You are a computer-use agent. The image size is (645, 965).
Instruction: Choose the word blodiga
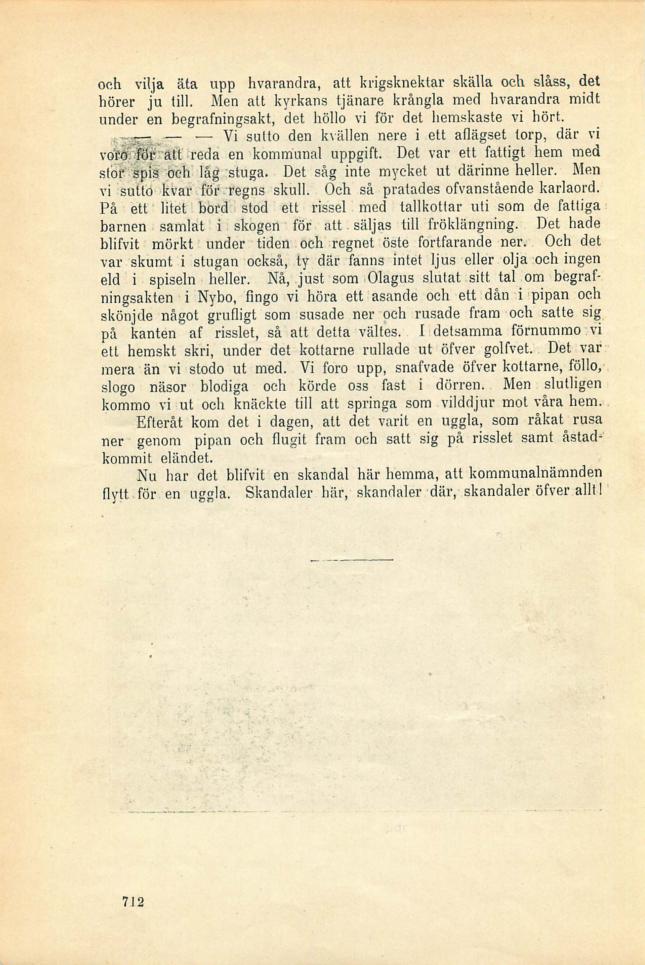[x=225, y=385]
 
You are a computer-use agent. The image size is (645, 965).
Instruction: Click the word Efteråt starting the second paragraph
[x=160, y=421]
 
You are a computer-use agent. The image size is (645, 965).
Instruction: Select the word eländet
[x=190, y=457]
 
